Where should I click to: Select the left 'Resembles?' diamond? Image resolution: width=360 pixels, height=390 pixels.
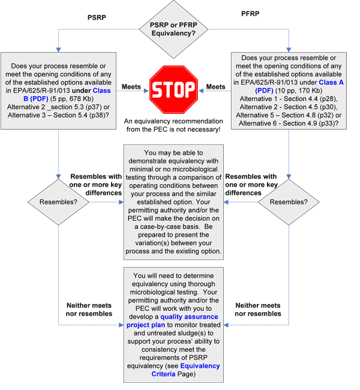[58, 203]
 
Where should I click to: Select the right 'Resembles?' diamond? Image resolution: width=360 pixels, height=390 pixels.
[289, 203]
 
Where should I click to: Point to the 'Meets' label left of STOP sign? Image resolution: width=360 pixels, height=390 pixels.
[131, 87]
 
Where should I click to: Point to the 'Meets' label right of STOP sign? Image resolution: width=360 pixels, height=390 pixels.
[215, 87]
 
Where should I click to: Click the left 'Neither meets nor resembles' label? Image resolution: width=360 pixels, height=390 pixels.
[89, 310]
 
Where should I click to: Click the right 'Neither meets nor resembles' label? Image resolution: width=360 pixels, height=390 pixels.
[257, 310]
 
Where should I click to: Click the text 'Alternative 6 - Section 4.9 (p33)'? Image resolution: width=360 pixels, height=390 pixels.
[286, 124]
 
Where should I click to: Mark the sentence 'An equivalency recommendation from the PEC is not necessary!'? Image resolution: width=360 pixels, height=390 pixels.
[172, 125]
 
